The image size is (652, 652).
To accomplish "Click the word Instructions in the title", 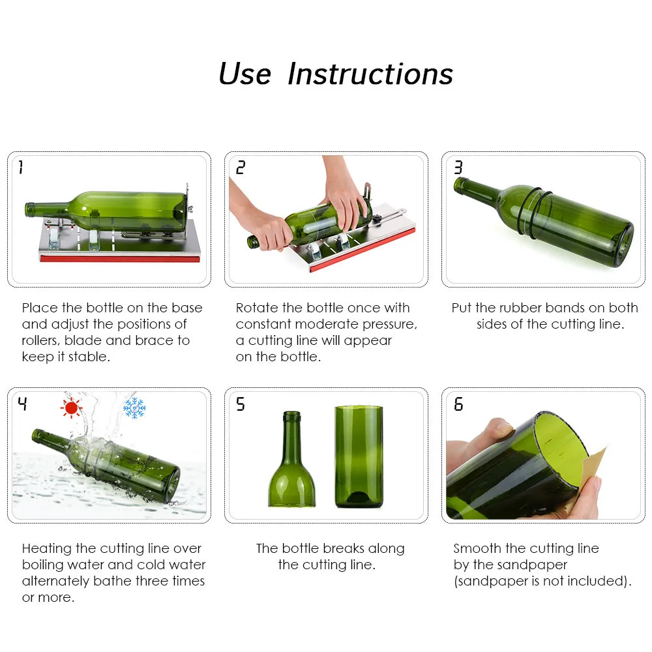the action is coord(370,74).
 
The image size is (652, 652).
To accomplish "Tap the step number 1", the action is coord(21,167).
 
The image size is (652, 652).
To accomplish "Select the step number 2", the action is coord(241,167).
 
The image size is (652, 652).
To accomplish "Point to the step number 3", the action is coord(458,167).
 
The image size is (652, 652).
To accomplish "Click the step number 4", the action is coord(22,404).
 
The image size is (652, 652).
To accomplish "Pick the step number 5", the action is coord(241,404).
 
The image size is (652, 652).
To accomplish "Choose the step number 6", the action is coord(458,404).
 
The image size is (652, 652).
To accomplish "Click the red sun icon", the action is coord(71,408).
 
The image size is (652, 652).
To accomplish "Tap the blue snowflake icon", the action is coord(135,408).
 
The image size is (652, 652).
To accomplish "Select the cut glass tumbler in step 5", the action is coord(359,457).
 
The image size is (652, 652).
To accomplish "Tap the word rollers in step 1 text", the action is coord(40,340).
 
